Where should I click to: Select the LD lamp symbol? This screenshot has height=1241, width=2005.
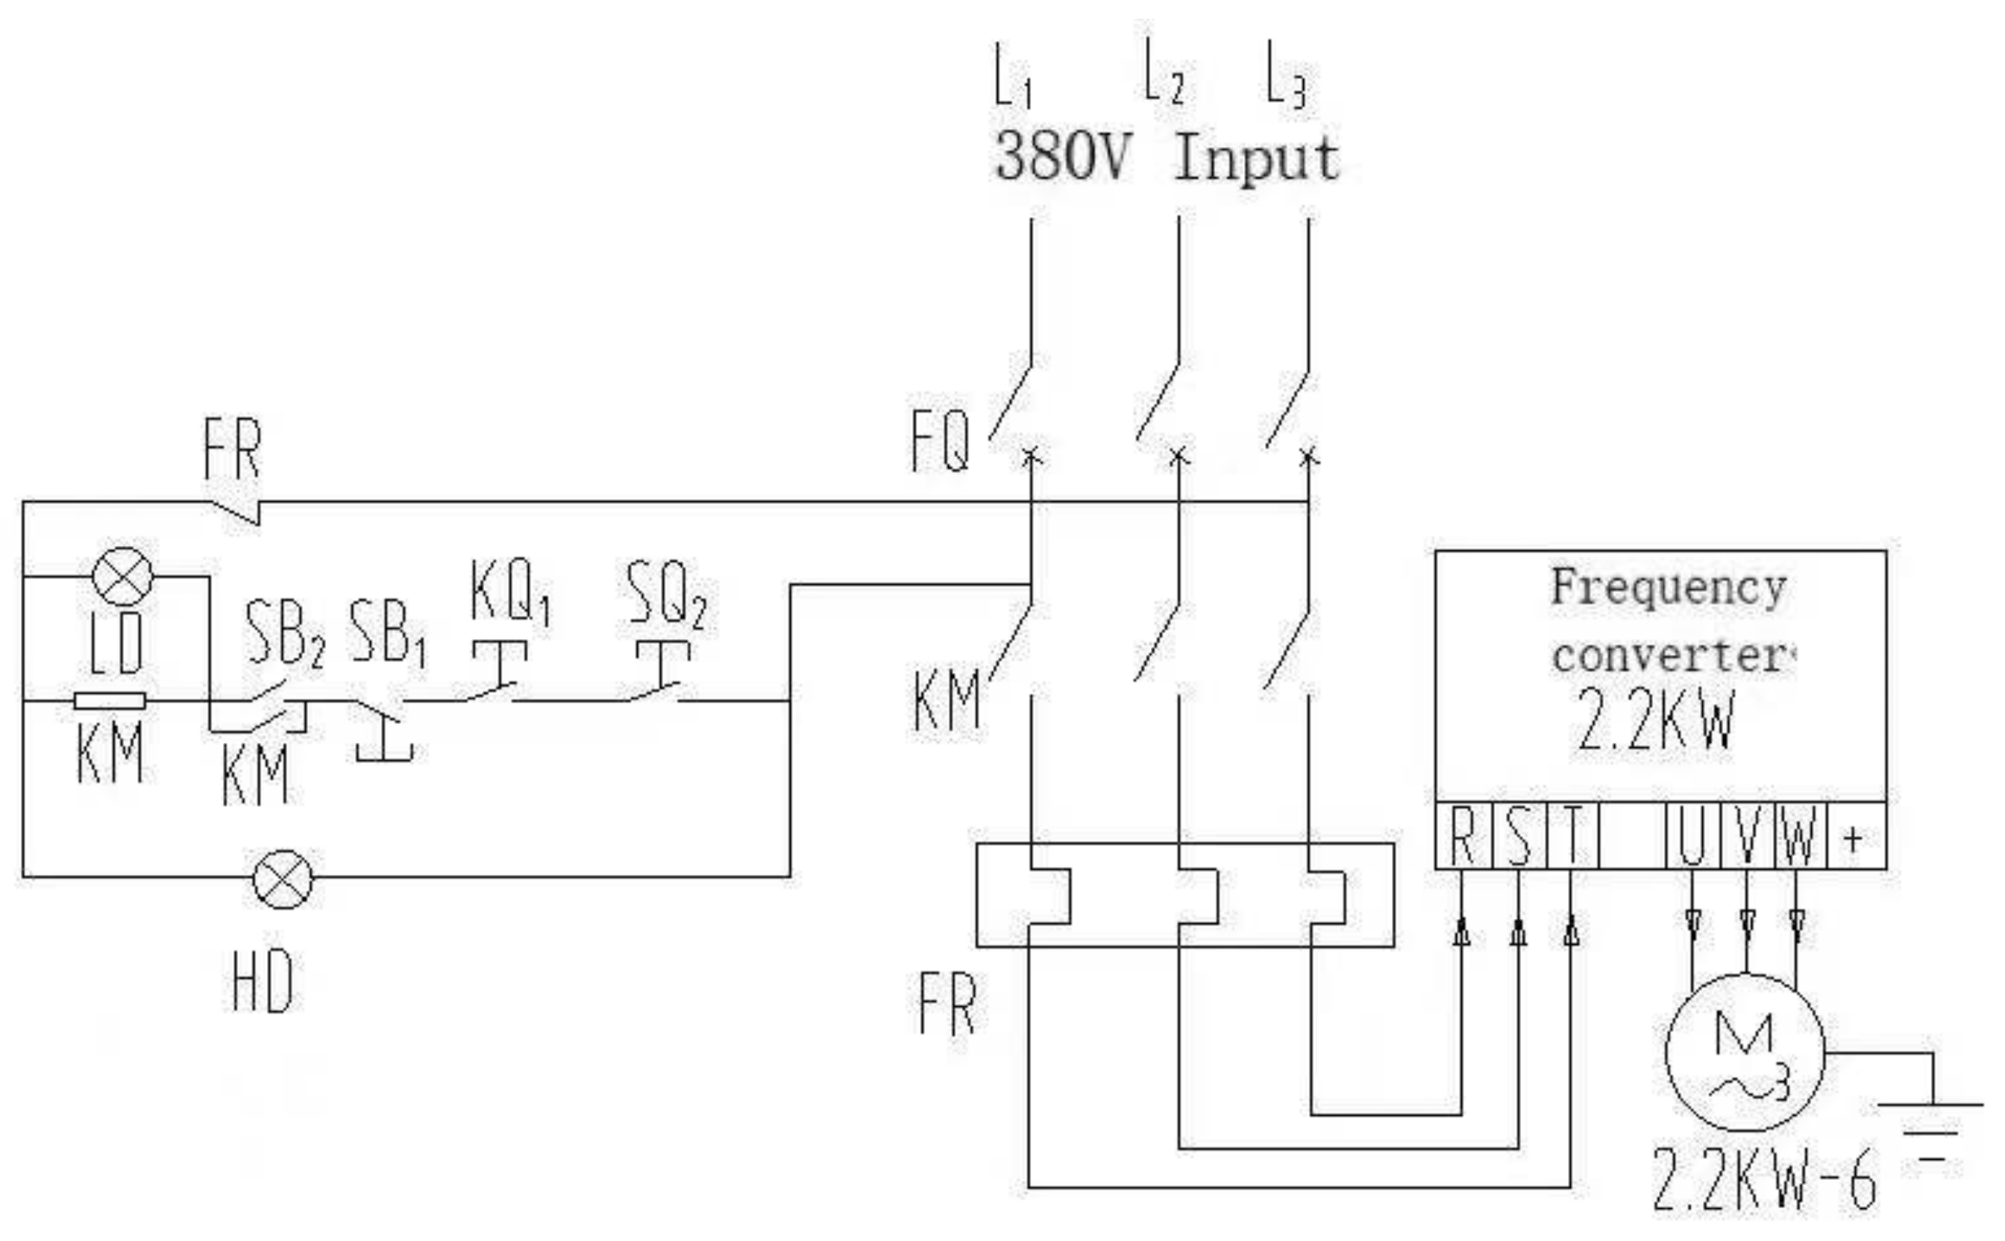point(122,576)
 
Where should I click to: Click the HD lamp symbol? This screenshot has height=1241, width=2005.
point(282,880)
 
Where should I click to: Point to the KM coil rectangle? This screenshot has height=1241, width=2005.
point(109,701)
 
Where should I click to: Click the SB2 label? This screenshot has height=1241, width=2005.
point(284,633)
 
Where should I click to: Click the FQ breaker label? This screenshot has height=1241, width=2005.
point(941,441)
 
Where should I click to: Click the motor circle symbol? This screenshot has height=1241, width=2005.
point(1745,1053)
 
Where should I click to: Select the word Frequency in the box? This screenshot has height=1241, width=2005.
point(1669,588)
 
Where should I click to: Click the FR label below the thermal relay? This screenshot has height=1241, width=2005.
point(947,1004)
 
